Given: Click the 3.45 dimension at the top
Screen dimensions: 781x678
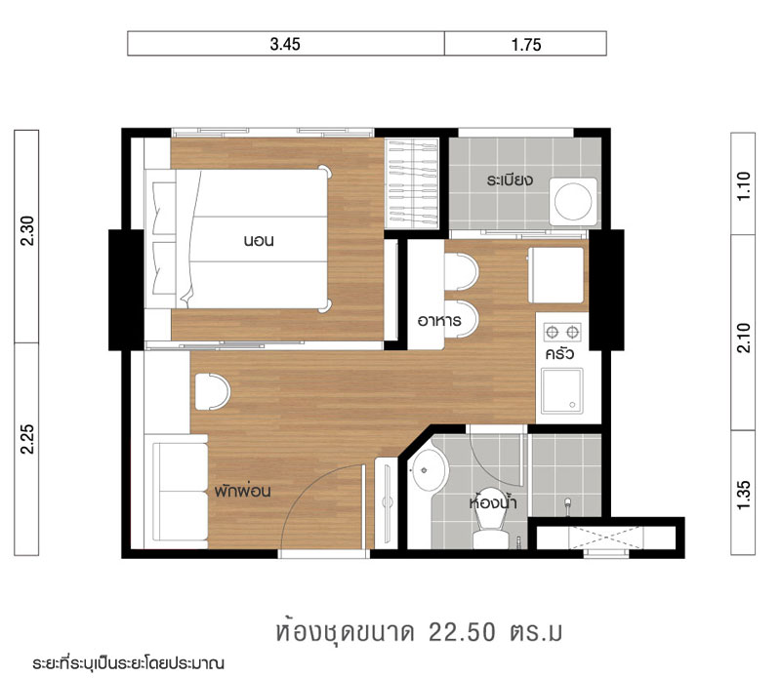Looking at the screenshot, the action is tap(285, 44).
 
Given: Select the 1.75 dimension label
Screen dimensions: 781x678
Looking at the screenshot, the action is tap(526, 45).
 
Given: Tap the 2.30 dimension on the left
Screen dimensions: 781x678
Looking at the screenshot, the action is tap(27, 230).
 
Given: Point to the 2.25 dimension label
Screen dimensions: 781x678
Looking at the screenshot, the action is tap(27, 439).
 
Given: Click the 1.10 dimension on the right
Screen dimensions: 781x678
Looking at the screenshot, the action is tap(743, 185).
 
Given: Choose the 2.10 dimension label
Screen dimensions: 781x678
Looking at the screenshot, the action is tap(743, 338).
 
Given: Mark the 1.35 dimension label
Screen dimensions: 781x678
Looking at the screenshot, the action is tap(743, 495).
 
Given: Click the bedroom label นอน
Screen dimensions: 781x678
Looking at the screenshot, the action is tap(259, 241).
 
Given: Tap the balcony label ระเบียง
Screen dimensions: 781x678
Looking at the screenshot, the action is tap(510, 179).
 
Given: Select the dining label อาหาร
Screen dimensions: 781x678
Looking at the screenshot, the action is tap(439, 321).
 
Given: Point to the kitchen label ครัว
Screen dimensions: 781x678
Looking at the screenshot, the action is tap(559, 354).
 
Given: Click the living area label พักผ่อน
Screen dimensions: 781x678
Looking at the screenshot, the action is tap(242, 491).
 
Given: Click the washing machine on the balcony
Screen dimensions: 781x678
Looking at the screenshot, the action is tap(573, 202).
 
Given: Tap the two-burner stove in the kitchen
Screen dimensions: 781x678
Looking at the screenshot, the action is tap(562, 332).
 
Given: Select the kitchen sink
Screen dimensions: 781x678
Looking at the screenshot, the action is tap(562, 391).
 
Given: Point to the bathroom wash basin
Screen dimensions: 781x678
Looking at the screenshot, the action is tap(429, 470).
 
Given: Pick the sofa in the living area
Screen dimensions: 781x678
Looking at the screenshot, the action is tap(177, 492).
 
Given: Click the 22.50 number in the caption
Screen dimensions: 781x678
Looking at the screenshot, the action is tap(462, 632).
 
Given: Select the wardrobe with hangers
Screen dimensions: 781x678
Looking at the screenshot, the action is tap(412, 183).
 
